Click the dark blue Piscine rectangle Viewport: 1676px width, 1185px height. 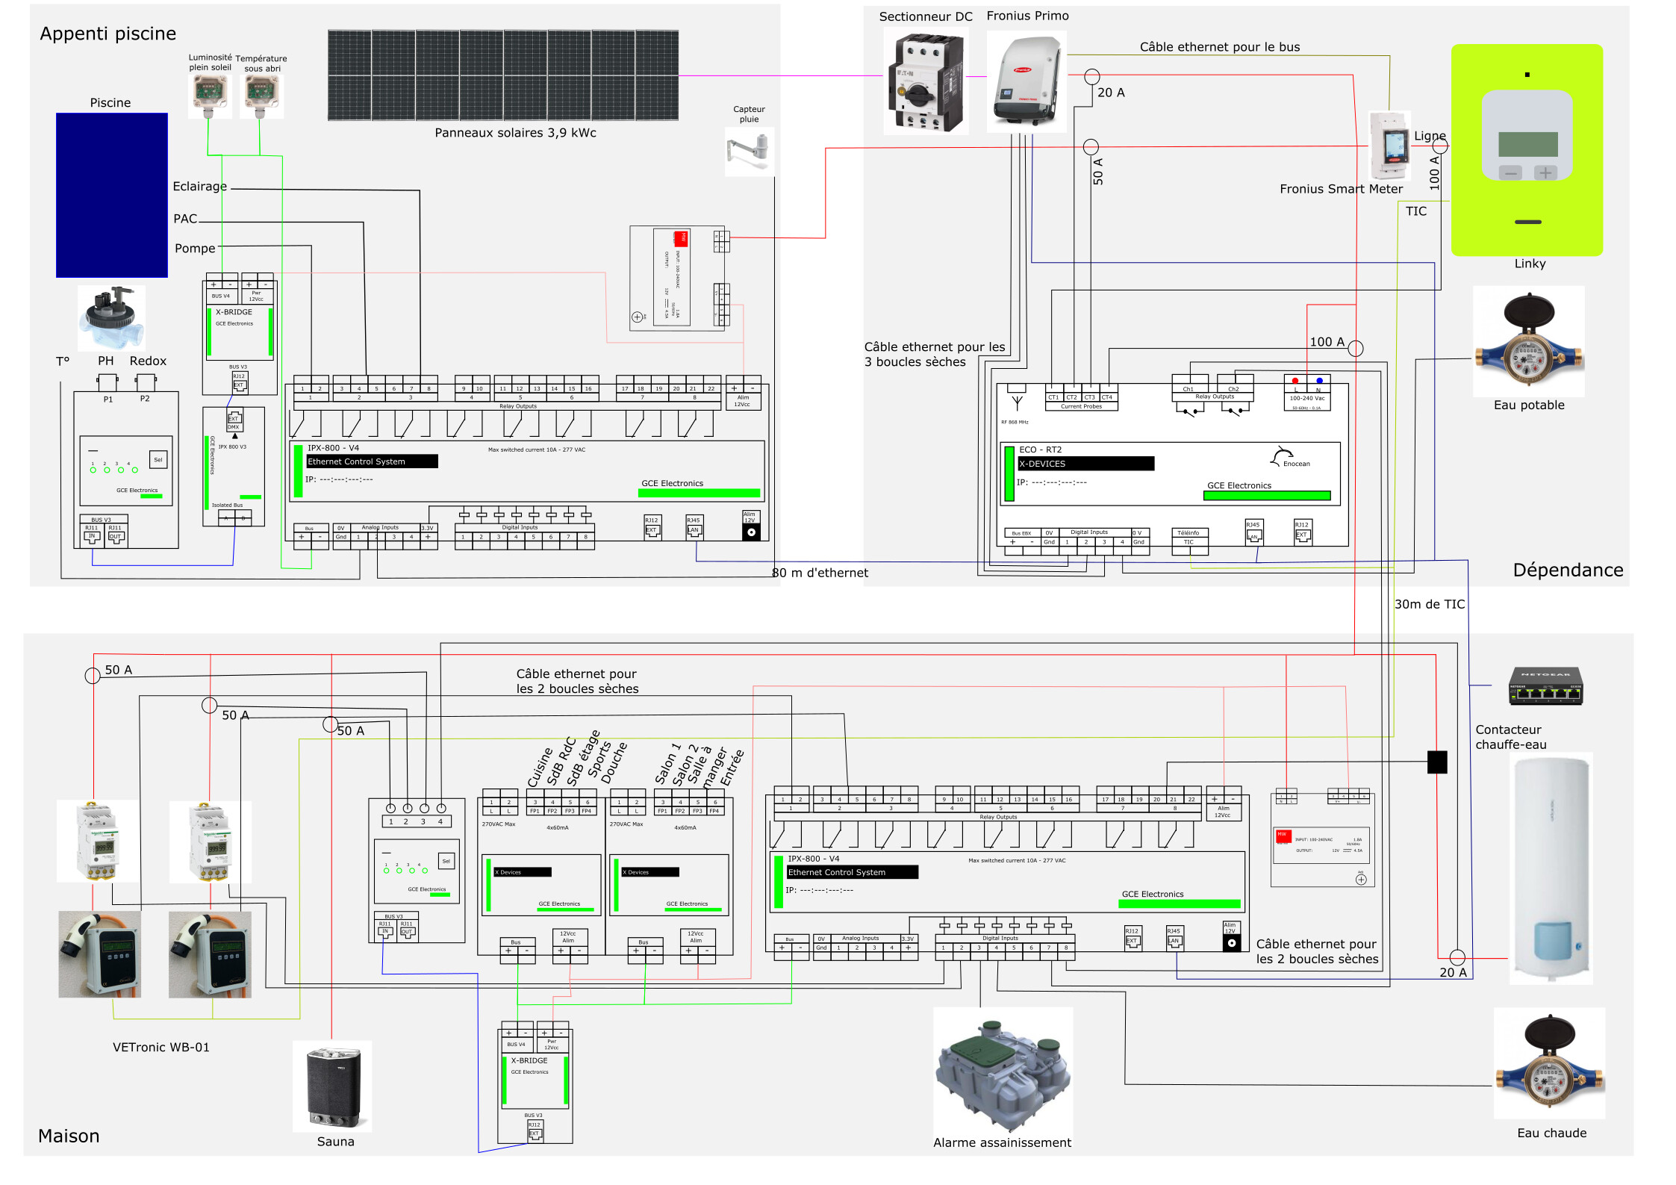111,195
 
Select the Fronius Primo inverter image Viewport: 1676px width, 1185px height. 1027,82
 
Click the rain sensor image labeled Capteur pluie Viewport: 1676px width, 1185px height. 749,152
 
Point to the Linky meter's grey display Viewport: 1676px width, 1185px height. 1527,143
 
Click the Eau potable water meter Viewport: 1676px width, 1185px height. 1528,341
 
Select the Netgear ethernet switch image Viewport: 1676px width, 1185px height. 1545,685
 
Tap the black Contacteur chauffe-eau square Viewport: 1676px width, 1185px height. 1437,762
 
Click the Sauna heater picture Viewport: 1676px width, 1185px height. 333,1086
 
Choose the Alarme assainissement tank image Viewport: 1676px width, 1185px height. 1002,1073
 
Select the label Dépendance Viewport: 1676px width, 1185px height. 1568,570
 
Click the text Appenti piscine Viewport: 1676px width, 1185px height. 108,34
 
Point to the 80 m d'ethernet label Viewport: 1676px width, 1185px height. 820,573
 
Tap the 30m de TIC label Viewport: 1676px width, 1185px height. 1429,604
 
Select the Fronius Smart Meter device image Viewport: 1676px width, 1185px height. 1390,146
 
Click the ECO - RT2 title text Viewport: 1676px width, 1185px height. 1040,450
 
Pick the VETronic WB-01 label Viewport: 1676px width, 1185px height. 161,1047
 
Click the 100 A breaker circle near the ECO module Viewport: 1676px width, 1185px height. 1356,348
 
